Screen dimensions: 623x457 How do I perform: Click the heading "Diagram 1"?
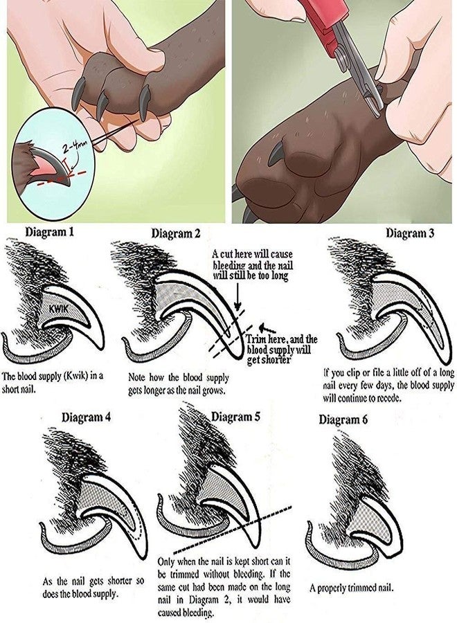(49, 232)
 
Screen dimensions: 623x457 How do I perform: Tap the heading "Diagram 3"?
(410, 233)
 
